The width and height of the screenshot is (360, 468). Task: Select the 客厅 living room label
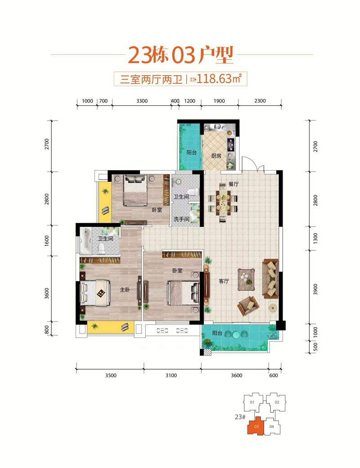[x=224, y=281]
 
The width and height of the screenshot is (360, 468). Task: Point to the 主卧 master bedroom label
[x=125, y=290]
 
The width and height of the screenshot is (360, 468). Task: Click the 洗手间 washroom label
[x=181, y=219]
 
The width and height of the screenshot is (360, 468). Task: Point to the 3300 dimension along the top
[x=141, y=101]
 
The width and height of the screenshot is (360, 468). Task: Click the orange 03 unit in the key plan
[x=256, y=426]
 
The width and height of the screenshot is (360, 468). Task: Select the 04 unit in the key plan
[x=271, y=426]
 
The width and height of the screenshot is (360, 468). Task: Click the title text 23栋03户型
[x=180, y=54]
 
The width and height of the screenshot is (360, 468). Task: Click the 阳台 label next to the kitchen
[x=191, y=152]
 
